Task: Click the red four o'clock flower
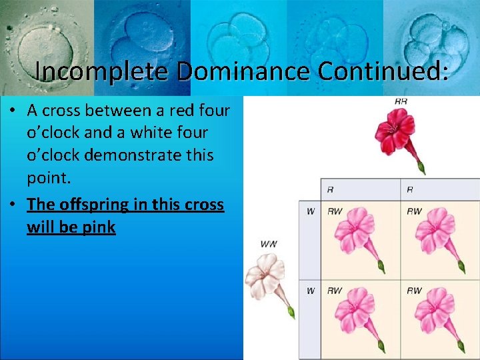(396, 133)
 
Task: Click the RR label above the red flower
(401, 101)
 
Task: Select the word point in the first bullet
(46, 178)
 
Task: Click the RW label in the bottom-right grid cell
(414, 290)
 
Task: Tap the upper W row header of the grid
(310, 211)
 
